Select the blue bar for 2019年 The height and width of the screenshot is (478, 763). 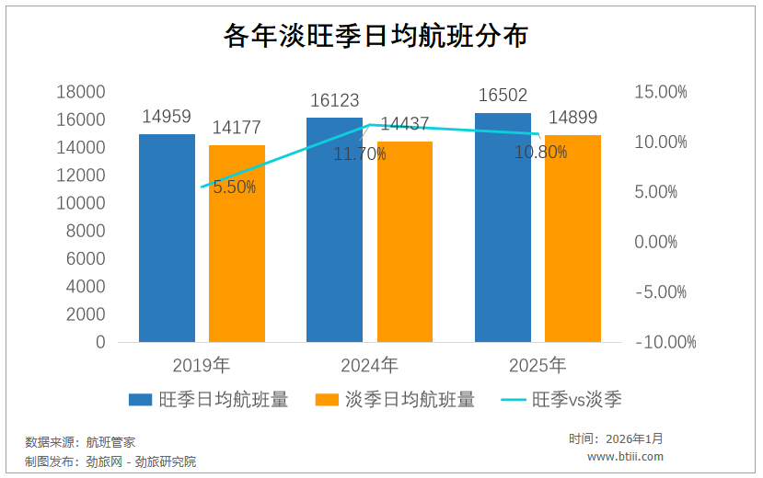(167, 238)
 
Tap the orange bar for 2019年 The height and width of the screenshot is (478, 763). (237, 244)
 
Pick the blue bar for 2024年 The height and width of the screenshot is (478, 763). (334, 230)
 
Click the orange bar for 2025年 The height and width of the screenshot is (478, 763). (572, 238)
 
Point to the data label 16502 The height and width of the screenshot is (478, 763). (503, 97)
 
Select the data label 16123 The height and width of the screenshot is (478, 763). (334, 101)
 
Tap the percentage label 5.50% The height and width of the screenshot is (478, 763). (234, 188)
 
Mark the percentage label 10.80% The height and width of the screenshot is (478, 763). (540, 153)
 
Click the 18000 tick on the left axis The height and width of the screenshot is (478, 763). (81, 92)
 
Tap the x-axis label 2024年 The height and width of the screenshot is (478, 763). (369, 366)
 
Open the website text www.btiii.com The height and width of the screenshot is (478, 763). (625, 457)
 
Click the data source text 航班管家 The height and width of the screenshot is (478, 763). (110, 441)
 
